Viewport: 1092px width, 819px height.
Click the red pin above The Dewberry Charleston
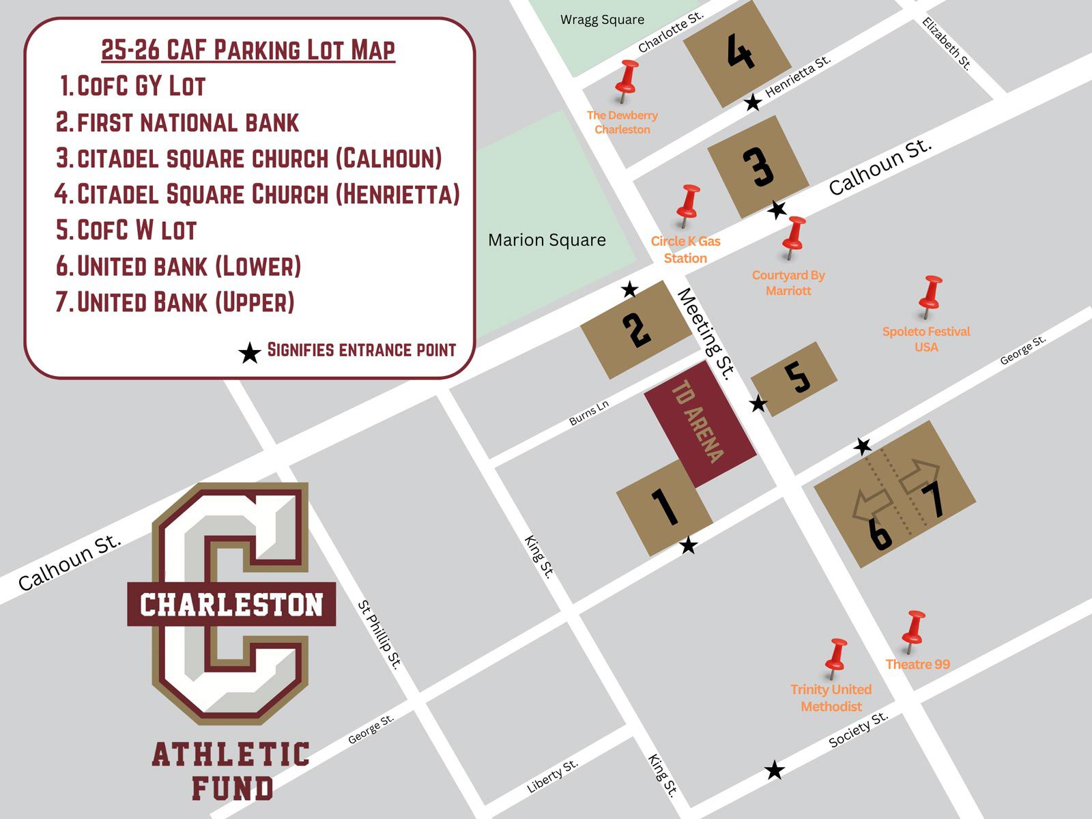click(x=627, y=78)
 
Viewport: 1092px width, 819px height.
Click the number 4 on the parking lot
click(x=740, y=53)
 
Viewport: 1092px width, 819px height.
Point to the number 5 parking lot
click(x=796, y=377)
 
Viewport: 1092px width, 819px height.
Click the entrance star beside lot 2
click(x=629, y=290)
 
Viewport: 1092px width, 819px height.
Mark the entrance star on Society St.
click(x=774, y=771)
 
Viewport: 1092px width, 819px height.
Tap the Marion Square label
click(x=547, y=240)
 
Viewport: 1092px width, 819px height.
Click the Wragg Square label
click(x=602, y=20)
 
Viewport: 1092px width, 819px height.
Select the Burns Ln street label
click(x=588, y=413)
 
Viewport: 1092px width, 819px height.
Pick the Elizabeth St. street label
click(x=946, y=44)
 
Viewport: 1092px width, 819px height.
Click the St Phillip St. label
click(x=379, y=635)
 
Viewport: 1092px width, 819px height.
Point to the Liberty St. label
click(x=552, y=776)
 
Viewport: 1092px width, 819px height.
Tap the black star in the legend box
click(x=250, y=354)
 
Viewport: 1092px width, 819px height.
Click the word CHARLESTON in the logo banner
click(x=231, y=605)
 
